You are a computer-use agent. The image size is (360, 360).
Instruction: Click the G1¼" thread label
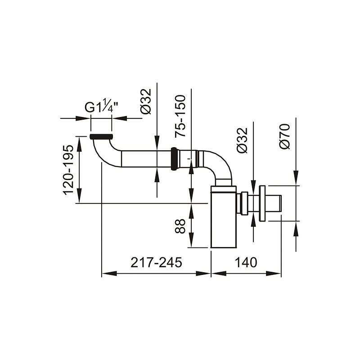pyautogui.click(x=102, y=105)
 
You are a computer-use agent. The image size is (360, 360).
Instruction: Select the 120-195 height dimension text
pyautogui.click(x=69, y=170)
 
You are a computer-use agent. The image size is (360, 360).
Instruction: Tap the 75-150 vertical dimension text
pyautogui.click(x=180, y=116)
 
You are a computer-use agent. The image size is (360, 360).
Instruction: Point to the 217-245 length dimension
pyautogui.click(x=156, y=262)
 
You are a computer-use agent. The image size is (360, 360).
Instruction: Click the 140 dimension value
pyautogui.click(x=246, y=262)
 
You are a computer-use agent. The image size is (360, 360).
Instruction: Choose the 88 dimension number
pyautogui.click(x=180, y=226)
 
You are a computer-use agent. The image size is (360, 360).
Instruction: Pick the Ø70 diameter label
pyautogui.click(x=285, y=136)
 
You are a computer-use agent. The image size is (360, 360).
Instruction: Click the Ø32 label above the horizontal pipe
pyautogui.click(x=146, y=101)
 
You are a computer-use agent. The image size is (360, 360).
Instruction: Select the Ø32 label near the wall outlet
pyautogui.click(x=242, y=140)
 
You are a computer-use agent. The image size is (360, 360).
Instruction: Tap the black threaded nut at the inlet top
pyautogui.click(x=101, y=137)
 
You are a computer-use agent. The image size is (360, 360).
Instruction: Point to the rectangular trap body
pyautogui.click(x=223, y=217)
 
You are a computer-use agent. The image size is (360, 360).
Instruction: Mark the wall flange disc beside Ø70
pyautogui.click(x=262, y=203)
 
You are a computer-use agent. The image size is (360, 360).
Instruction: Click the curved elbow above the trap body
pyautogui.click(x=220, y=165)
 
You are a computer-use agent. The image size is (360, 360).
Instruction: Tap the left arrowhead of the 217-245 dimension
pyautogui.click(x=109, y=274)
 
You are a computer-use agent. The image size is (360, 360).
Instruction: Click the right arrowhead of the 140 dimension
pyautogui.click(x=274, y=274)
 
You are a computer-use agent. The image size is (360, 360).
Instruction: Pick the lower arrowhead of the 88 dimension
pyautogui.click(x=191, y=240)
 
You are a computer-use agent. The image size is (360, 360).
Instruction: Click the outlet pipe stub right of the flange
pyautogui.click(x=274, y=203)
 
